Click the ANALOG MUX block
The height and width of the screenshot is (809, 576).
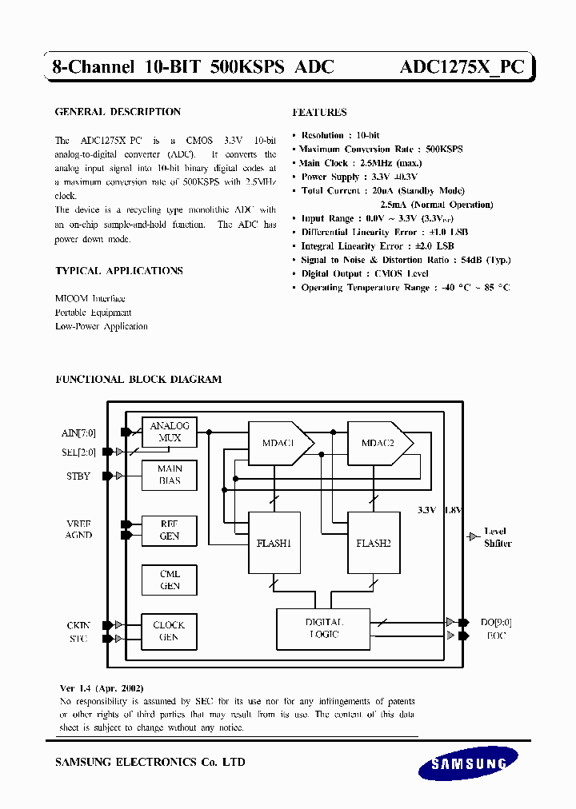169,432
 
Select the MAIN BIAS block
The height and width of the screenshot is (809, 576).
169,475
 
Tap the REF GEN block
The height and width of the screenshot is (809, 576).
169,530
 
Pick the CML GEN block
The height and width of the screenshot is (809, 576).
169,580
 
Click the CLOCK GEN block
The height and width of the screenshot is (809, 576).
169,631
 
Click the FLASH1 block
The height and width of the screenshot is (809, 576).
274,543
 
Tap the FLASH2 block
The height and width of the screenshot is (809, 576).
373,543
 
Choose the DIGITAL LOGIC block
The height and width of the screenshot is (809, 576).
323,628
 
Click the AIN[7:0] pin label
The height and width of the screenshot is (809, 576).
78,433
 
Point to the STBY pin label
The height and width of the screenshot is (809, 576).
78,476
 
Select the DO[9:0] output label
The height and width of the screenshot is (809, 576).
496,622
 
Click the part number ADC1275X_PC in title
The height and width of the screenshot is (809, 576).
462,67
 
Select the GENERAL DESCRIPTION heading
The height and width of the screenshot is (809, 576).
118,112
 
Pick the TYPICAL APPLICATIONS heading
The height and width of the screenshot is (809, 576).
119,271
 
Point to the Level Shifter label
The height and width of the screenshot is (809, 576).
497,537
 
